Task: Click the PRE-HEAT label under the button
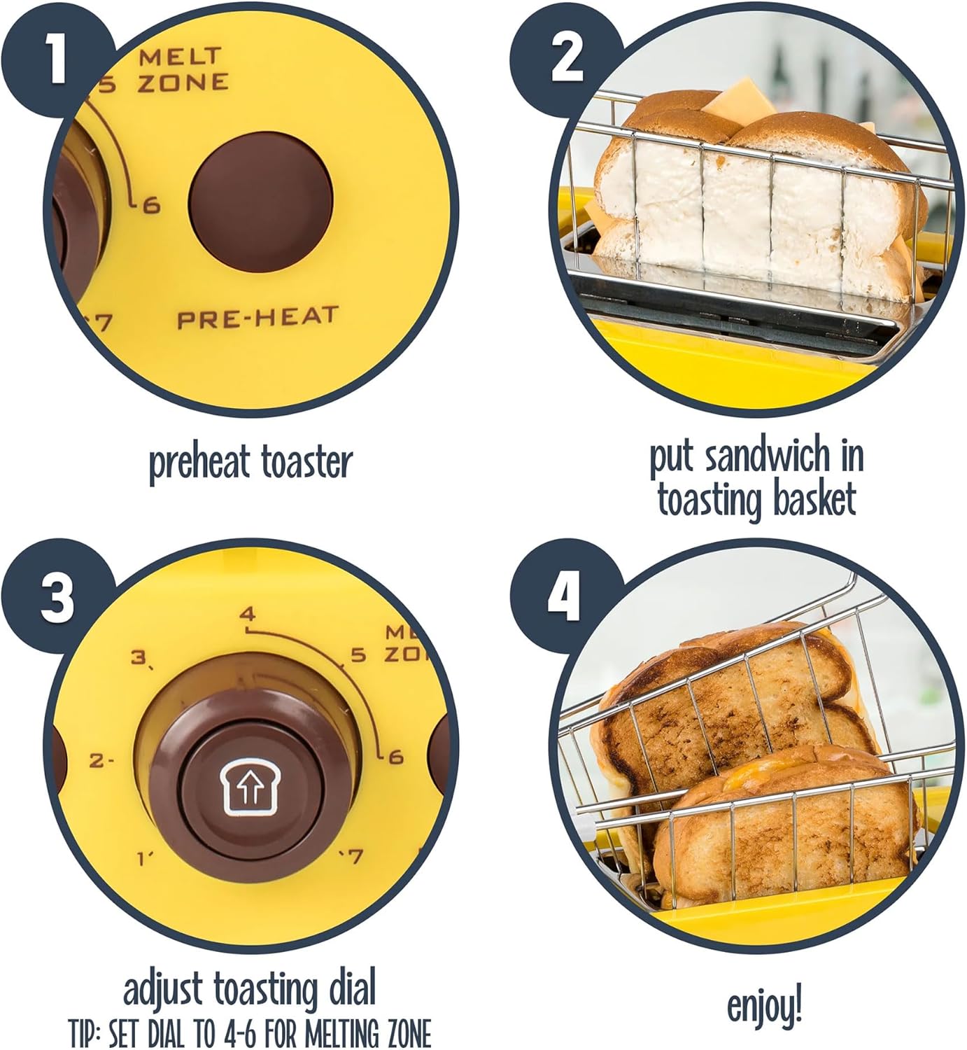pyautogui.click(x=257, y=318)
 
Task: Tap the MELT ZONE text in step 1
pyautogui.click(x=181, y=69)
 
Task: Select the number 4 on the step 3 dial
pyautogui.click(x=248, y=615)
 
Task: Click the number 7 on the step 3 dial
pyautogui.click(x=355, y=855)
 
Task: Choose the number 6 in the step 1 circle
pyautogui.click(x=151, y=205)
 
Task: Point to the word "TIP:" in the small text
pyautogui.click(x=86, y=1033)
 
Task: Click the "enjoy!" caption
pyautogui.click(x=764, y=1007)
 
